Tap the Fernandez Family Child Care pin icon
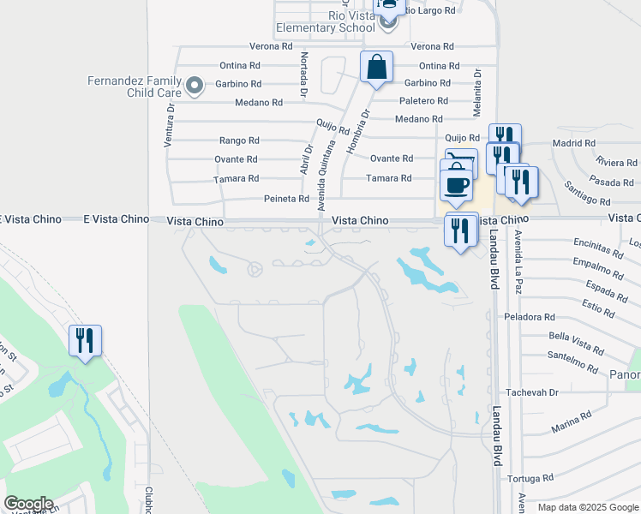[x=195, y=85]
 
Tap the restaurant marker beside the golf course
[x=85, y=341]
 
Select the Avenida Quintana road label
[x=324, y=176]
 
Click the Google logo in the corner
[x=28, y=504]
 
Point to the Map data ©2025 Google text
[x=588, y=507]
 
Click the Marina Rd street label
[x=572, y=422]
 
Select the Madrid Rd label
[x=574, y=143]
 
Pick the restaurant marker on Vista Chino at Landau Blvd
[x=461, y=230]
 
